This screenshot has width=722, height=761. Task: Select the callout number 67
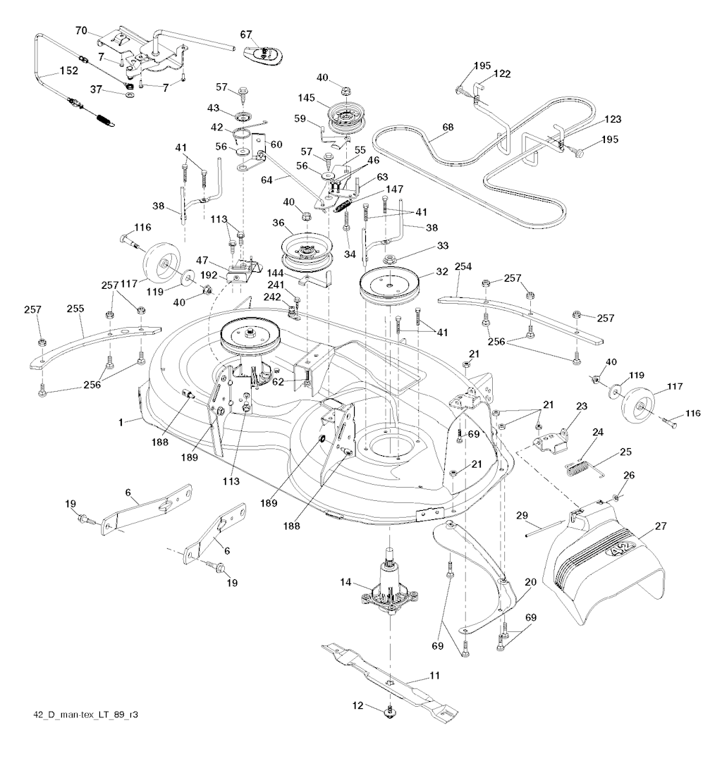(x=246, y=34)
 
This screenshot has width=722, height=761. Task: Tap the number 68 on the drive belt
(x=428, y=128)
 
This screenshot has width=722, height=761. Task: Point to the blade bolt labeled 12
(x=389, y=712)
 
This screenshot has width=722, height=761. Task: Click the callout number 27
(x=661, y=526)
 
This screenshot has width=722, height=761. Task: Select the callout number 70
(x=81, y=31)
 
